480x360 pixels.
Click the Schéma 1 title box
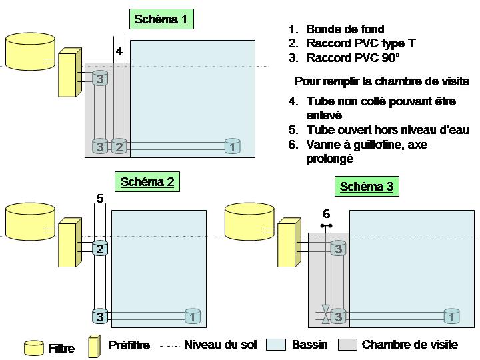(x=161, y=19)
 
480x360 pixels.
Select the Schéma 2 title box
(x=147, y=181)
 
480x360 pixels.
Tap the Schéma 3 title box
(x=366, y=187)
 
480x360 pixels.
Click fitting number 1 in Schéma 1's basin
(x=232, y=146)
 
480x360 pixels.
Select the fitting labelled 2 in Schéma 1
(x=119, y=146)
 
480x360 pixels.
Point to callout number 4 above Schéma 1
(x=119, y=51)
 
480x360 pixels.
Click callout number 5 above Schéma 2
(x=100, y=198)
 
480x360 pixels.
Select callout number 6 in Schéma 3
(x=326, y=214)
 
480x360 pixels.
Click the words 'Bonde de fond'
(x=345, y=29)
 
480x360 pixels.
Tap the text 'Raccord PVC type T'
(x=361, y=44)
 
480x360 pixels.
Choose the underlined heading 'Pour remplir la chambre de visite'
(x=382, y=82)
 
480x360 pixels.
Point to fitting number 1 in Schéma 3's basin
(x=451, y=316)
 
